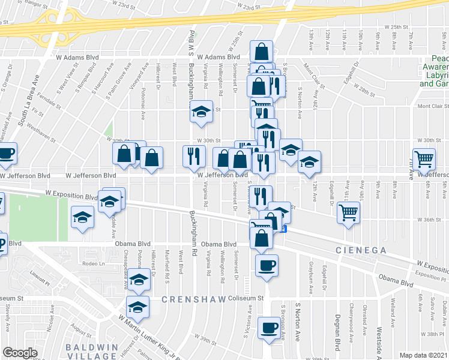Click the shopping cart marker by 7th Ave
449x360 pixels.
point(424,160)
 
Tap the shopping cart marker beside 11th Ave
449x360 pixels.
point(348,212)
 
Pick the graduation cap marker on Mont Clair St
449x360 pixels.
point(202,111)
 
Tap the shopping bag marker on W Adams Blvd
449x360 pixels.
point(261,52)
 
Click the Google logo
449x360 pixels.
point(20,352)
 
